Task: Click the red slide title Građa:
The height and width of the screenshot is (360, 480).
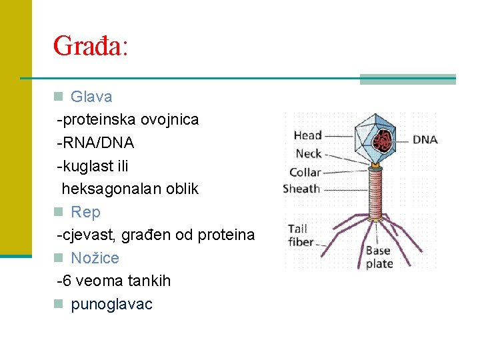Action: click(x=90, y=46)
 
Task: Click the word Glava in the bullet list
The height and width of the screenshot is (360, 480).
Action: click(x=91, y=97)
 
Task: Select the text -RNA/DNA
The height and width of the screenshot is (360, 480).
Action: click(x=97, y=143)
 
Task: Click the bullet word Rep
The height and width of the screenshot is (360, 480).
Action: click(x=85, y=212)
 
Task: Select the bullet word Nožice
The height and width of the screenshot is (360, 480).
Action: click(x=95, y=258)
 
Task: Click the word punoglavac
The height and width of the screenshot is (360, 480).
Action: click(x=111, y=304)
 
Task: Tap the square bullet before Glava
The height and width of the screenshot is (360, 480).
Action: click(x=59, y=97)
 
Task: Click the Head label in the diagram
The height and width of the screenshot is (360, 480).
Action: click(x=307, y=136)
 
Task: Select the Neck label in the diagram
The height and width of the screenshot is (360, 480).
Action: click(x=308, y=154)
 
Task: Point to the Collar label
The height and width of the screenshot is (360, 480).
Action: click(x=305, y=172)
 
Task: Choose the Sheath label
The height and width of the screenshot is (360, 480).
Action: click(x=301, y=189)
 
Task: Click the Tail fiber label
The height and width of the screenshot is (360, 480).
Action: click(x=301, y=235)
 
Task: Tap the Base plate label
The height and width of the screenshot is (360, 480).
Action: click(x=379, y=257)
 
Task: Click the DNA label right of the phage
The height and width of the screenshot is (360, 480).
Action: click(x=425, y=140)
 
